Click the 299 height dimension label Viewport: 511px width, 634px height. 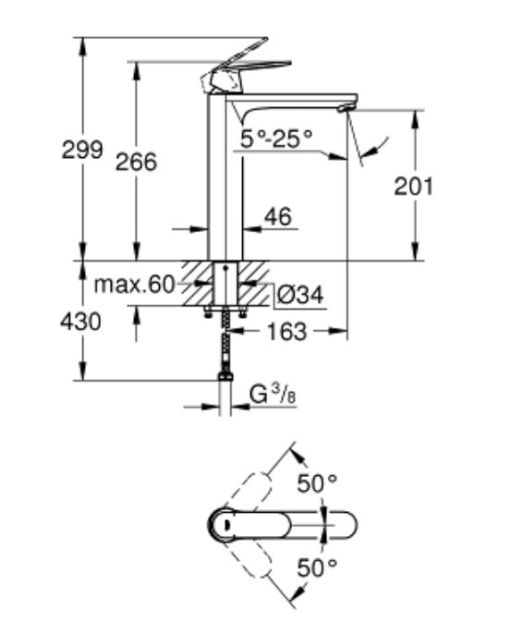82,151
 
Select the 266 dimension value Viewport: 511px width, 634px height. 136,162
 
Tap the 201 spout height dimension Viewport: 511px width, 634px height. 413,186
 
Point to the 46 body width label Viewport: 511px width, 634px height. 277,218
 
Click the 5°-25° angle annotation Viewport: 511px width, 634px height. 277,139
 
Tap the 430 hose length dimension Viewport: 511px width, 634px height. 82,322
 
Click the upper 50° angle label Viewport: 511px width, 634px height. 317,482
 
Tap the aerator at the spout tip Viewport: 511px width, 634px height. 345,108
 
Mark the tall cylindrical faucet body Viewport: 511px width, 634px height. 225,185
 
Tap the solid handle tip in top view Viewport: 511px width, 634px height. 337,524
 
